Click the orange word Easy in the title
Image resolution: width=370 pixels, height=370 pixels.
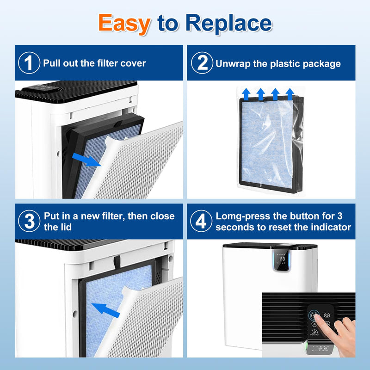point(124,24)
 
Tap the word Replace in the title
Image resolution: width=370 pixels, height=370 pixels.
point(228,23)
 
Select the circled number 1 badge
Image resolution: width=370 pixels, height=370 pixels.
point(29,63)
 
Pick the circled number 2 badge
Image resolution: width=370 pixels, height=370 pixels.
point(202,63)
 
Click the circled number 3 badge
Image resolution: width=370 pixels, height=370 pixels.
point(29,221)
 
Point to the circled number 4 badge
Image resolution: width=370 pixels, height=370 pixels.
point(201,221)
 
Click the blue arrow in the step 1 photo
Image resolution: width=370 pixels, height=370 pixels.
point(86,160)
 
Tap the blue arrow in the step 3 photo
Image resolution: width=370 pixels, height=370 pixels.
point(105,310)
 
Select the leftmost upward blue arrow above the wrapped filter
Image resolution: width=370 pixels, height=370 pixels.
point(246,94)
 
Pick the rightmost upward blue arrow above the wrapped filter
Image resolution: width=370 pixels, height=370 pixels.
point(290,94)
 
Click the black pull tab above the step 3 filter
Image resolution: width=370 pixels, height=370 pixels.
point(117,262)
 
